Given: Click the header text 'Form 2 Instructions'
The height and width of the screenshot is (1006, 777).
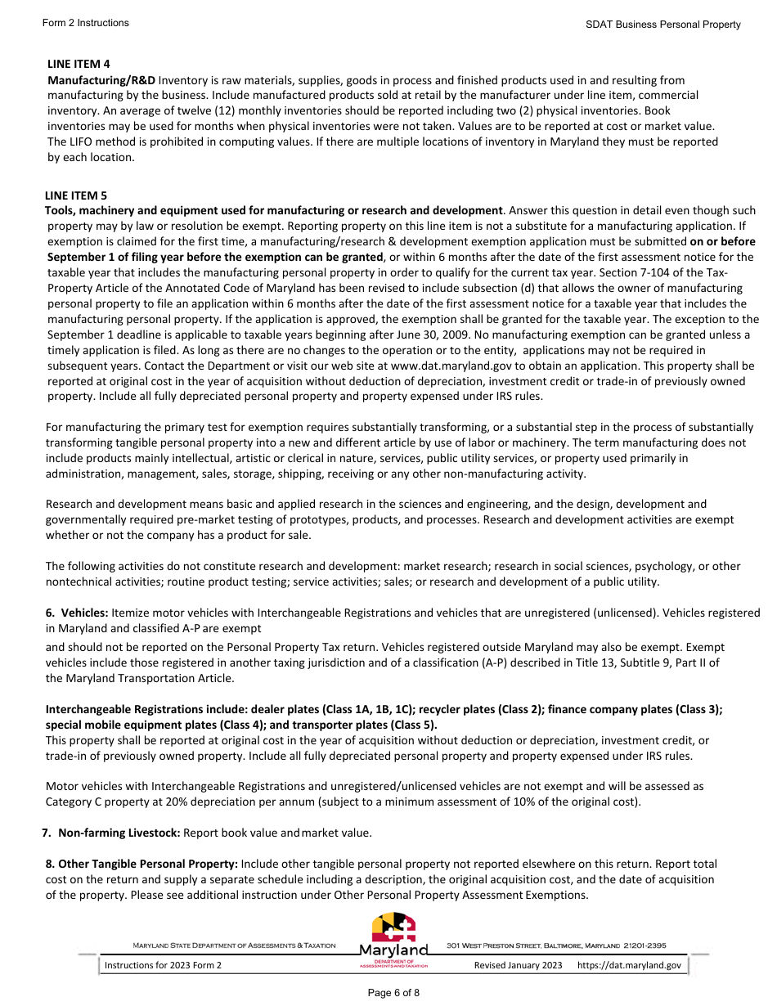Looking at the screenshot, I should click(85, 23).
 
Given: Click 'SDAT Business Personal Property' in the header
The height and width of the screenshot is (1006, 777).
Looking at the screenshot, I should click(662, 25).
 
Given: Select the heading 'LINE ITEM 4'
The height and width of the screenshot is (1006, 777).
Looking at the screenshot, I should click(79, 64).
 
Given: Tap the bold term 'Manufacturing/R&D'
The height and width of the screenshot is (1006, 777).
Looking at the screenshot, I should click(101, 80).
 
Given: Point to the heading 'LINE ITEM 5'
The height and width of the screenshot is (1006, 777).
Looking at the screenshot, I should click(76, 195).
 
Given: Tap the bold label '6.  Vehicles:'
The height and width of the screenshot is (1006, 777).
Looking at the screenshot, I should click(77, 613).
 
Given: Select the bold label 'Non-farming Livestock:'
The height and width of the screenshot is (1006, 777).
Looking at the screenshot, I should click(119, 833).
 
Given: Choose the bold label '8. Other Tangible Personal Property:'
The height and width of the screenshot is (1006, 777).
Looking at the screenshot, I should click(141, 864).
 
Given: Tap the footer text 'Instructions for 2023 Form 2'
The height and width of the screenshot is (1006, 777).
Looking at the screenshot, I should click(163, 966).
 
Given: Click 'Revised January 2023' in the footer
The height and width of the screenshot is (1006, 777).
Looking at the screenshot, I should click(519, 966).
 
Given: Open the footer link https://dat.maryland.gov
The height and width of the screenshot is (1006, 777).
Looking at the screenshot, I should click(629, 966).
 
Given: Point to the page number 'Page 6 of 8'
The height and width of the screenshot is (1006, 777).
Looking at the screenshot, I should click(393, 993).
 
